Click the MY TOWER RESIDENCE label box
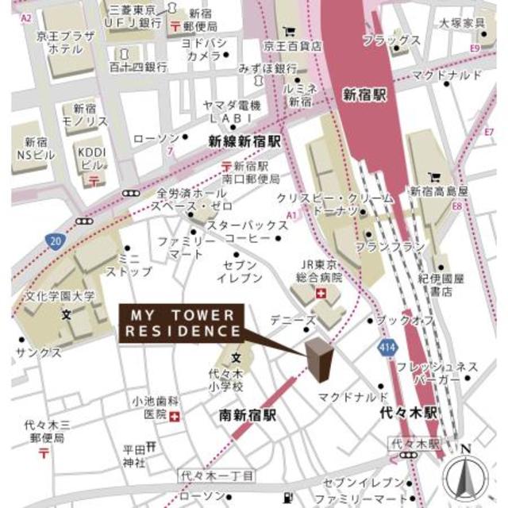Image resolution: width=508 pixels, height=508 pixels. pos(180,322)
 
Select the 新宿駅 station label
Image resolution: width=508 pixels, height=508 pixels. pos(364,94)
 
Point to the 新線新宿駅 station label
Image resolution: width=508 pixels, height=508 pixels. pos(245,141)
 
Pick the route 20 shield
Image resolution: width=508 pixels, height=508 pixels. pos(55,241)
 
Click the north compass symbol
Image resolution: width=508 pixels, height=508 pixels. pos(465,475)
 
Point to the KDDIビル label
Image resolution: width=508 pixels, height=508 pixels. pos(90,158)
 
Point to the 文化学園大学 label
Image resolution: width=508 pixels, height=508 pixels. pos(59,296)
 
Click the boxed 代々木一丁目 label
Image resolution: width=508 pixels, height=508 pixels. pos(216,475)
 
